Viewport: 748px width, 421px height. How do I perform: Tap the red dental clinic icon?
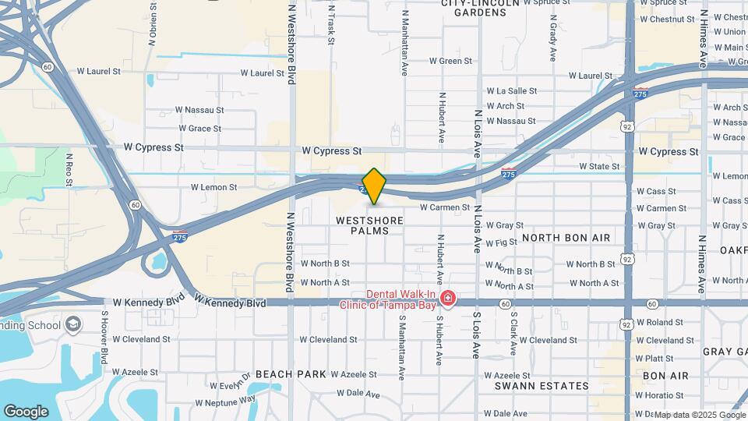tap(447, 298)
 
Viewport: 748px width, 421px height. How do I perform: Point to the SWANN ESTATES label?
tap(542, 386)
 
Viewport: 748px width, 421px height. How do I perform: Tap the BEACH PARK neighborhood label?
tap(291, 374)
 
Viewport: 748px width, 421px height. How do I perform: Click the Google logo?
tap(26, 411)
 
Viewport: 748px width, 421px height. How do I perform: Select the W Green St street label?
tap(451, 61)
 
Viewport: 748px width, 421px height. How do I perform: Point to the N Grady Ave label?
tap(552, 42)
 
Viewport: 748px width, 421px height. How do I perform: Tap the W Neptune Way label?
tap(225, 402)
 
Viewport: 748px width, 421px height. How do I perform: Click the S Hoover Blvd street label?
tap(104, 337)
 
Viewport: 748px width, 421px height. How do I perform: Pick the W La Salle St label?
tap(512, 91)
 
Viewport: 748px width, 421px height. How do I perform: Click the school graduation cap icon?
tap(73, 324)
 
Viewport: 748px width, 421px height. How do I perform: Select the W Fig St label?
tap(501, 243)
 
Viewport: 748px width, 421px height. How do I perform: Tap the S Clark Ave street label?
tap(514, 334)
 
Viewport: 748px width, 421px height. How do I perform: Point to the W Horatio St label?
tap(659, 396)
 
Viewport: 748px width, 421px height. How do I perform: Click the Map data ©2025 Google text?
tap(700, 415)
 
